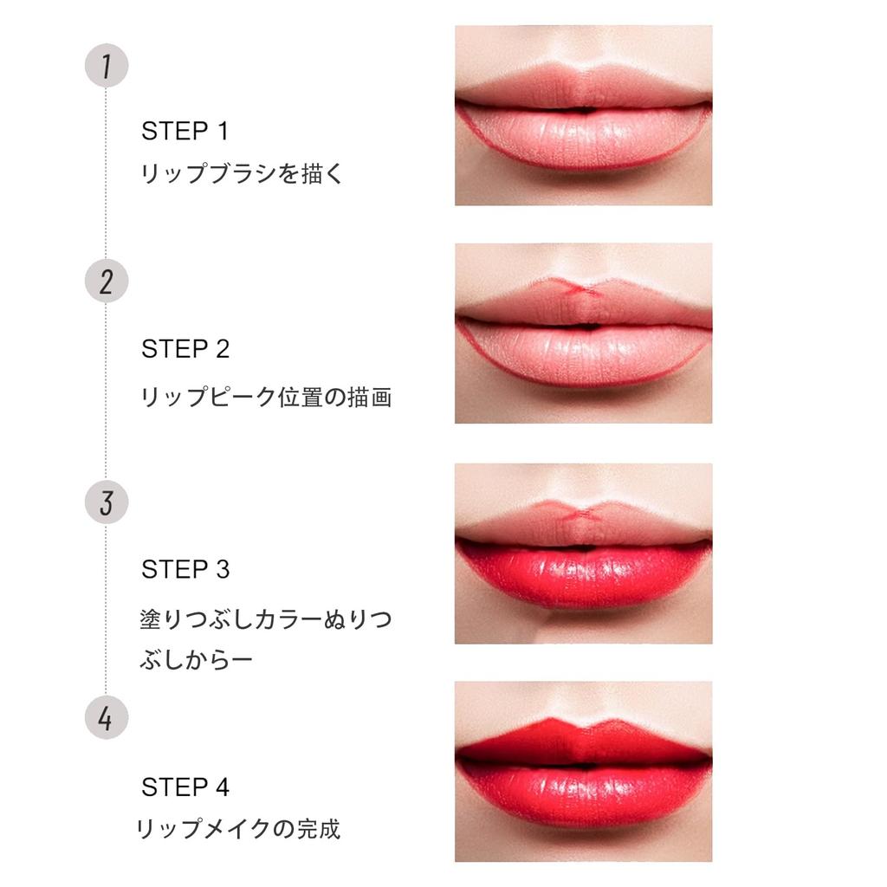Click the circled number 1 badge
106,67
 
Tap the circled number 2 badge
106,282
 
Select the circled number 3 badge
106,502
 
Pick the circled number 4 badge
106,719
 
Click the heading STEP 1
185,132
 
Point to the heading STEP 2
185,349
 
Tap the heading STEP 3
185,569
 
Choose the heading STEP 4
185,787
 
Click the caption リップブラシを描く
243,174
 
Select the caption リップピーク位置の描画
266,398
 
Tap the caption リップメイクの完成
239,829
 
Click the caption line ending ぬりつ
266,620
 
